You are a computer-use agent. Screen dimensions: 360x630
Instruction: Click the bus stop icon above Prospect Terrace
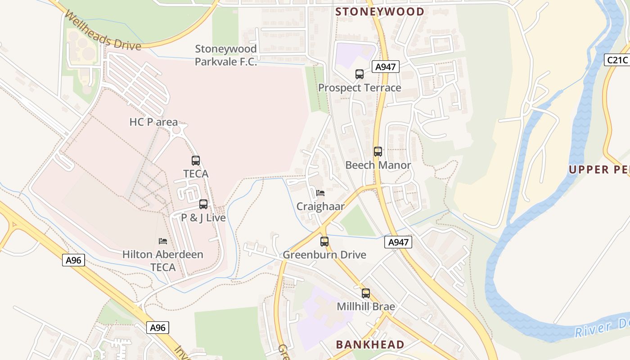(359, 74)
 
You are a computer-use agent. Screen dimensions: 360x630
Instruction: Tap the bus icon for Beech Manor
(378, 152)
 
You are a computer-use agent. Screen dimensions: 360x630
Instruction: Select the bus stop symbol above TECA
(195, 160)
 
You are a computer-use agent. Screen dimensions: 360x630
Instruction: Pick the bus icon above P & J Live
(203, 204)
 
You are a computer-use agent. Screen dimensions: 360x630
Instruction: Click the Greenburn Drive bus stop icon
(324, 242)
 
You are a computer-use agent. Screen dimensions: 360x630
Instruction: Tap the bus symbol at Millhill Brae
(365, 293)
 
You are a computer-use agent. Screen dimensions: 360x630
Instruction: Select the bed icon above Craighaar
(320, 193)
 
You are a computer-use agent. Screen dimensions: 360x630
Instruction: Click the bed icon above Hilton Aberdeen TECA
(163, 241)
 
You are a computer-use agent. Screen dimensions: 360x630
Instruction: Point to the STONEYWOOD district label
(380, 12)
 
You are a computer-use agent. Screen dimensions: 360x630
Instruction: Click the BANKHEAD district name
(370, 345)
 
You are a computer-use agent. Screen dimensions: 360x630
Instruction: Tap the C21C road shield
(616, 59)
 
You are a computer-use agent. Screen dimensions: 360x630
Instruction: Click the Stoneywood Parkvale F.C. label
(226, 55)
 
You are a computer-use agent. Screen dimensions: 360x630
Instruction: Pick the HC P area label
(153, 122)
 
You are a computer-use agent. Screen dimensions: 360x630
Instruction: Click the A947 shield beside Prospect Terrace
(386, 67)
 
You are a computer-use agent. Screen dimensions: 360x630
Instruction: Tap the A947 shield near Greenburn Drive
(399, 243)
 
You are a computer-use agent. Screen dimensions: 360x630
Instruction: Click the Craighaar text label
(320, 207)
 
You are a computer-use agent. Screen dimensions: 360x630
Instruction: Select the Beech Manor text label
(378, 165)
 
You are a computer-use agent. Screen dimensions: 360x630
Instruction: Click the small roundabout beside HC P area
(176, 130)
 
